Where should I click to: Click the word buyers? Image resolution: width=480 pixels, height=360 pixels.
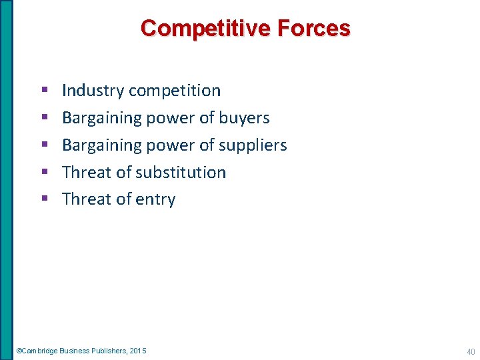pyautogui.click(x=243, y=118)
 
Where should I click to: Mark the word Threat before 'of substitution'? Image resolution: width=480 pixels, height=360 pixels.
pyautogui.click(x=87, y=173)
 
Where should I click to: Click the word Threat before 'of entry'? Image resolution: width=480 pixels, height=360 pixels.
pyautogui.click(x=87, y=199)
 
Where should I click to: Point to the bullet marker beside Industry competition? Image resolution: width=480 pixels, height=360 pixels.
pyautogui.click(x=44, y=90)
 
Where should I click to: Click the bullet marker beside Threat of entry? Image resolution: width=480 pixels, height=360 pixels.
pyautogui.click(x=44, y=199)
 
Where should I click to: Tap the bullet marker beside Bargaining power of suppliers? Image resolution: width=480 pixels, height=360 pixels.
pyautogui.click(x=44, y=145)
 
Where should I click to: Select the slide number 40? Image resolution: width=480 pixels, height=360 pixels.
pyautogui.click(x=470, y=351)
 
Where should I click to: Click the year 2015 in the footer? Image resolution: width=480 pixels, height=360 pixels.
pyautogui.click(x=138, y=351)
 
